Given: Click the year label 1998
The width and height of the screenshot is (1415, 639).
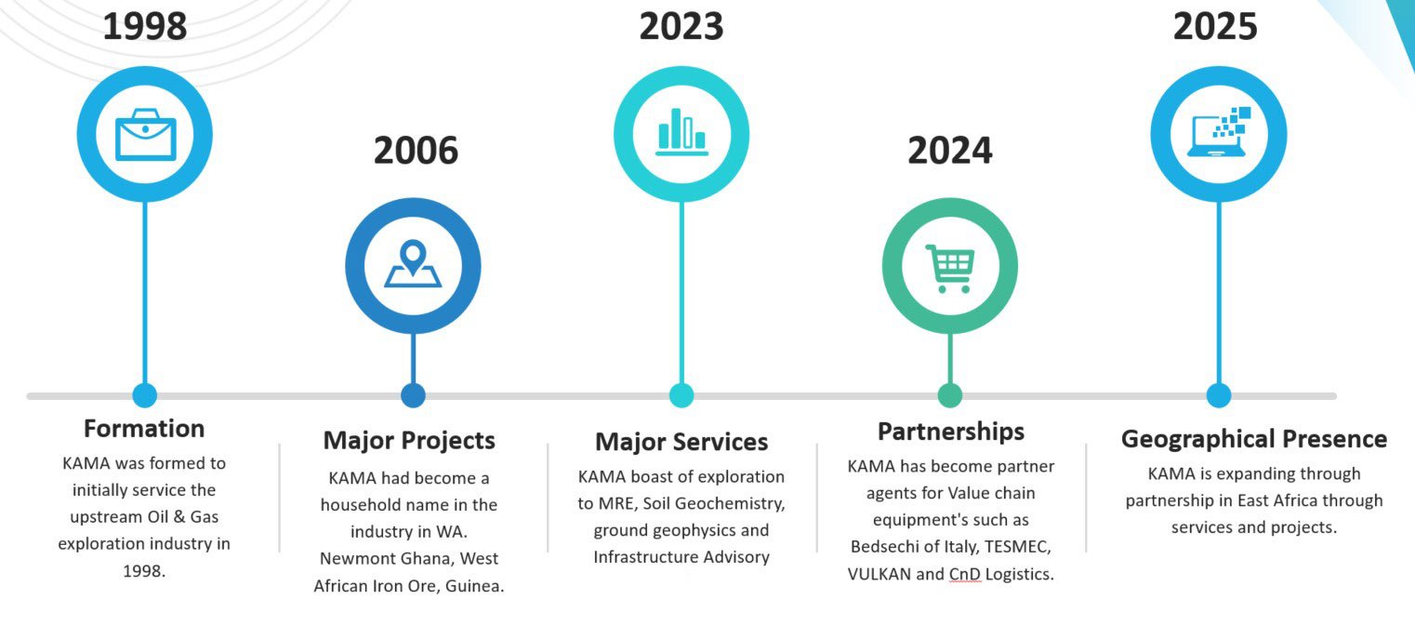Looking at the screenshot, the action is (145, 27).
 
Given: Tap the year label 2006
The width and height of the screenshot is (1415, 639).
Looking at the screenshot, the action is (416, 151).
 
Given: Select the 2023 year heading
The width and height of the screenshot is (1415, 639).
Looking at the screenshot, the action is (681, 27).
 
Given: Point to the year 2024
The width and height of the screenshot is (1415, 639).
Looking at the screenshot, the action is (949, 151).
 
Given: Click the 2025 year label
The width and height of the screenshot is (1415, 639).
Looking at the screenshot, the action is (1215, 27).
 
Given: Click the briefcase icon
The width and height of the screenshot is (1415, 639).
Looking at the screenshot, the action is (145, 135).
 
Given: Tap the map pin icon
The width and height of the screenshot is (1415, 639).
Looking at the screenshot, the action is (413, 263).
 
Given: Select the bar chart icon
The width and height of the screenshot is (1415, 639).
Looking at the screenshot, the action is (681, 131).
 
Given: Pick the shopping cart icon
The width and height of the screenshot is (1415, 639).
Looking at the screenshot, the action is (950, 268).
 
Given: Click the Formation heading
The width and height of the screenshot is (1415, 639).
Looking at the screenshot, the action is (144, 429).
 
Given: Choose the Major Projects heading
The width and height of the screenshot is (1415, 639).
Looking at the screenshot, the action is (409, 441).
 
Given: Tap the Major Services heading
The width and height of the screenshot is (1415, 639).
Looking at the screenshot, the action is (681, 442).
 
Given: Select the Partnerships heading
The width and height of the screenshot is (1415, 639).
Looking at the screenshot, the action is (951, 432).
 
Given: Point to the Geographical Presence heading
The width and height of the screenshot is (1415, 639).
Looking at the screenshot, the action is (1254, 439).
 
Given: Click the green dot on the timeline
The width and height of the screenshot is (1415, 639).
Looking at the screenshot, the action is (950, 395).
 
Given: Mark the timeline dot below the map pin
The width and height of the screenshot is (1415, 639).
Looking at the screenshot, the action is (413, 395).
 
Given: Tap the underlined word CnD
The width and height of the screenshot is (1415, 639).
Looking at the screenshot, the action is (965, 574).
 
